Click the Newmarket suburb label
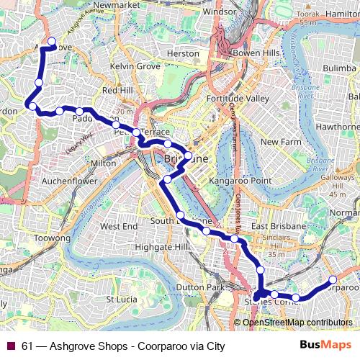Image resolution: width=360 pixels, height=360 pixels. (x=114, y=5)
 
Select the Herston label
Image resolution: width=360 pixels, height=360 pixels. (x=182, y=53)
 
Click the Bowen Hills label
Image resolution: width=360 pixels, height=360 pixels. (x=251, y=54)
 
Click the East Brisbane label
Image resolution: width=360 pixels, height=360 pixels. (x=279, y=226)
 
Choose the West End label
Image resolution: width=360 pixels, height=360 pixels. (x=119, y=226)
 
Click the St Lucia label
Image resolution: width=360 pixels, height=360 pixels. (x=121, y=299)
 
